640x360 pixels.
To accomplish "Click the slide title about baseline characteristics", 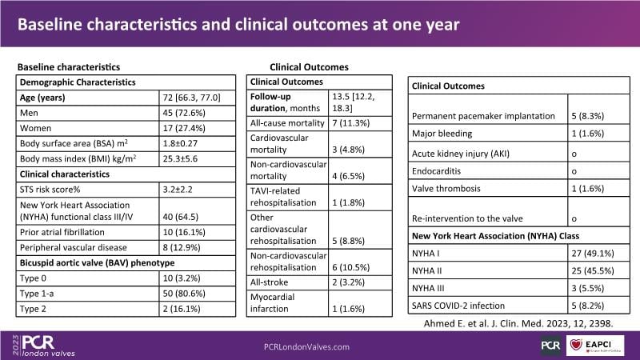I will click(x=238, y=25).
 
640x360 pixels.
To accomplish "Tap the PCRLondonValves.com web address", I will click(x=306, y=346).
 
